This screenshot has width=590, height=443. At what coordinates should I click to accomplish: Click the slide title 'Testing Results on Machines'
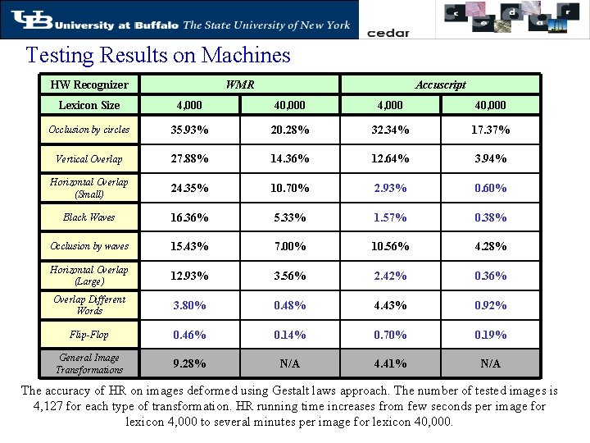point(158,56)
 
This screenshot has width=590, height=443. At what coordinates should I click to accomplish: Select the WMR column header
point(239,84)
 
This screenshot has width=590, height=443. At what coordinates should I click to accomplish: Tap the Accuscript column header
point(440,84)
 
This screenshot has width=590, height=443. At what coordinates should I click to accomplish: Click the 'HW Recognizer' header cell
point(89,84)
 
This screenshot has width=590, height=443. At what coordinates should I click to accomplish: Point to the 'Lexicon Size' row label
point(89,105)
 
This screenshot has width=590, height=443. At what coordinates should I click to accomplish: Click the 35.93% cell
point(188,130)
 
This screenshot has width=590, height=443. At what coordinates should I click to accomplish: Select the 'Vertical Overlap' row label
point(89,159)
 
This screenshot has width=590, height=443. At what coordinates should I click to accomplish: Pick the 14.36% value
point(290,158)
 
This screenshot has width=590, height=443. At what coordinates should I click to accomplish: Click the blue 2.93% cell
point(390,188)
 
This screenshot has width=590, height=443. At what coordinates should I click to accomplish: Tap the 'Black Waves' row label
point(89,217)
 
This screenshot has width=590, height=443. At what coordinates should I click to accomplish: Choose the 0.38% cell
point(490,217)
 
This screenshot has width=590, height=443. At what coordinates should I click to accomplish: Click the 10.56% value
point(390,246)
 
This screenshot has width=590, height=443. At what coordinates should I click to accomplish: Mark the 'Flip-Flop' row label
point(89,335)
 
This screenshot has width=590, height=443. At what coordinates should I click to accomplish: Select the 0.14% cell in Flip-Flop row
point(290,335)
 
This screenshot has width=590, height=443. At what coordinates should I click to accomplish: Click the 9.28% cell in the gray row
point(188,363)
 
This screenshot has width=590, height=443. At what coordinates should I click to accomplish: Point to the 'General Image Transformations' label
point(89,363)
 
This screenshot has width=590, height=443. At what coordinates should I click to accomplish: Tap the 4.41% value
point(390,363)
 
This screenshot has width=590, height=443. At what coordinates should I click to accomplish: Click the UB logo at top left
point(25,20)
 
